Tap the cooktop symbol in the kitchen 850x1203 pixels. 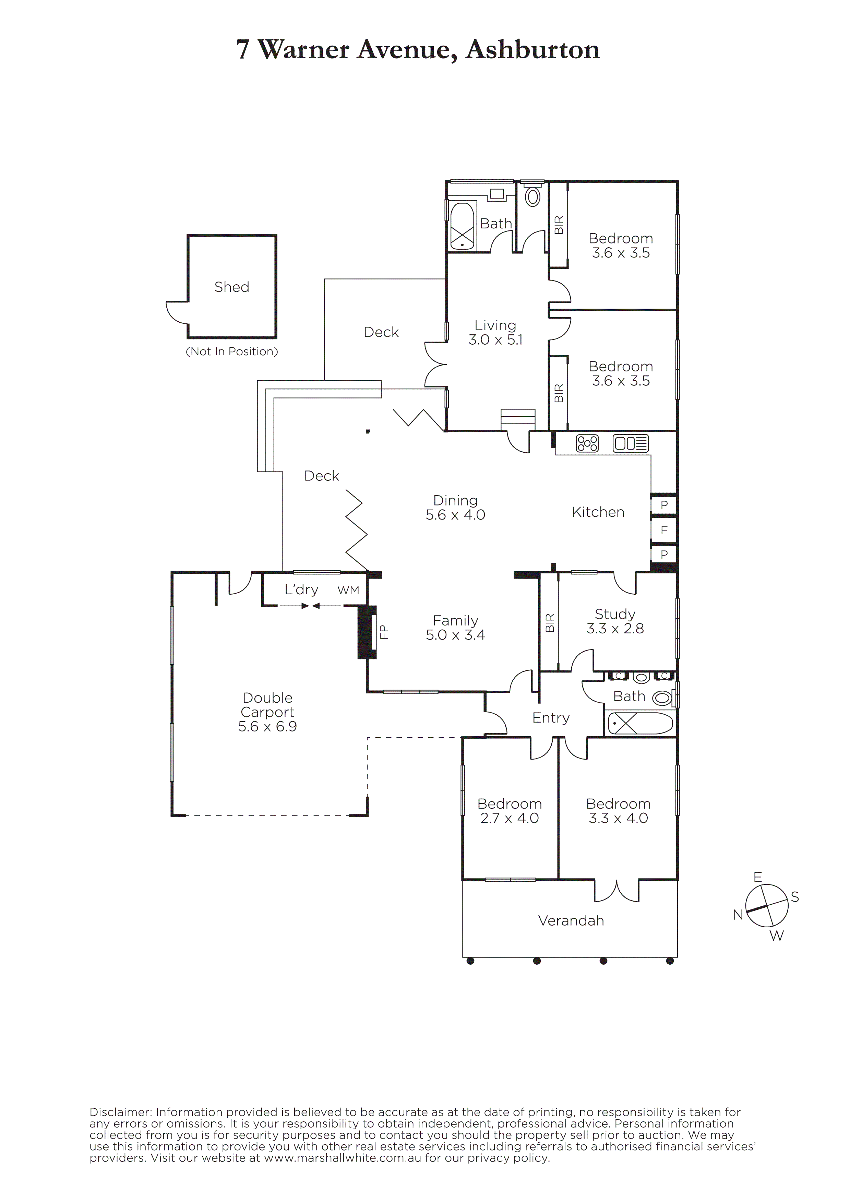tap(587, 443)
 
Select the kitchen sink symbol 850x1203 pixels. tap(631, 443)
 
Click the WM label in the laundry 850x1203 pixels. tap(348, 591)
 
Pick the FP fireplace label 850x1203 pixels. tap(384, 632)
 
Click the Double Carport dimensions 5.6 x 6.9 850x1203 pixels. tap(268, 726)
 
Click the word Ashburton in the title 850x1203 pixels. tap(532, 50)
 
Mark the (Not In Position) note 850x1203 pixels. tap(232, 351)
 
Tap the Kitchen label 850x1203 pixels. tap(598, 512)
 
